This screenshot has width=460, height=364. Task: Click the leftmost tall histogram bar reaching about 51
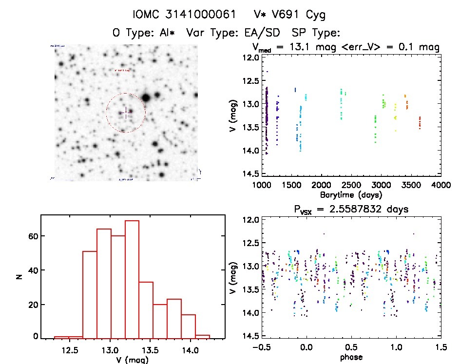pos(90,294)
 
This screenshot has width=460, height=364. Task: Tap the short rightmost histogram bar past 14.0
pos(203,336)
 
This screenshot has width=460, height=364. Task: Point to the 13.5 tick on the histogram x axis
pos(150,350)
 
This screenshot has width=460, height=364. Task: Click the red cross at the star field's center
pos(126,113)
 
